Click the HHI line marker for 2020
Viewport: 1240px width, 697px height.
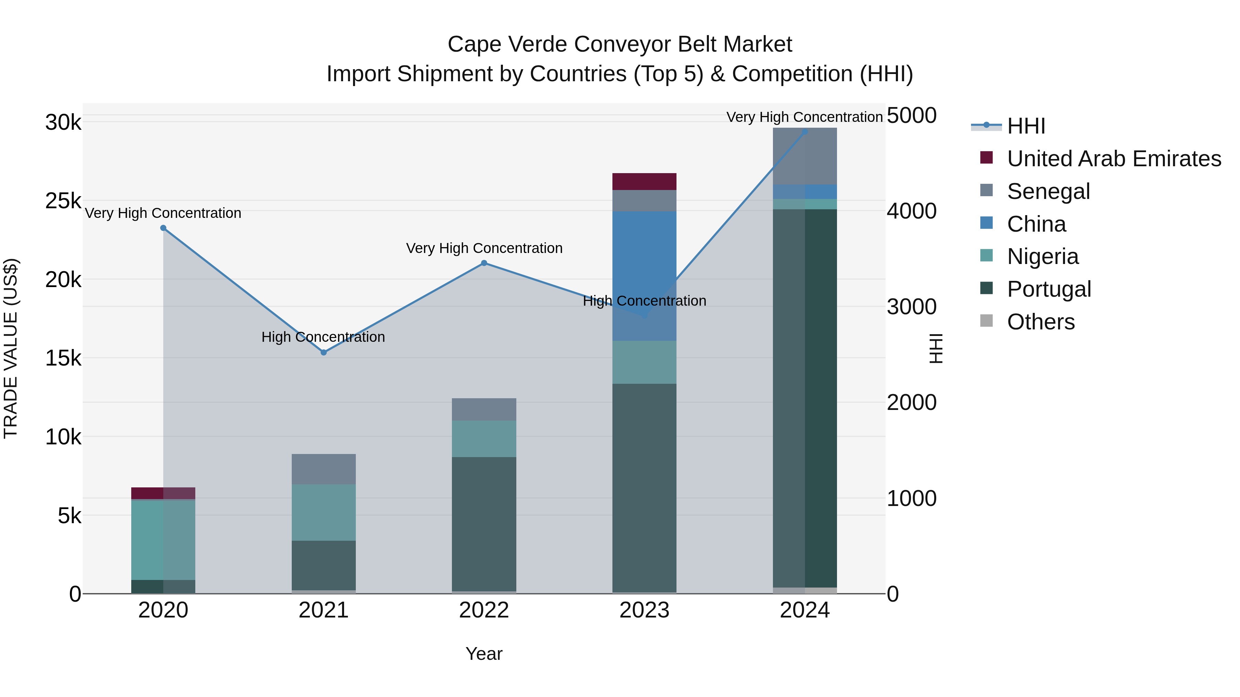click(x=163, y=228)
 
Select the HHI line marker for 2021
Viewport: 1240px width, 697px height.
click(x=323, y=352)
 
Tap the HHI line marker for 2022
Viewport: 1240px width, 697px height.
click(x=484, y=263)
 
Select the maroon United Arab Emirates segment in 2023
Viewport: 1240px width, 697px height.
click(x=644, y=181)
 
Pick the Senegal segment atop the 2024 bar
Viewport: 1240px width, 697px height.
click(x=805, y=156)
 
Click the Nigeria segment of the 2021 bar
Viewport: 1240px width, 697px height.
click(x=323, y=512)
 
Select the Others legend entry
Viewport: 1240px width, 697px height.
click(x=1040, y=322)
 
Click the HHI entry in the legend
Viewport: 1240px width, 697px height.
click(x=1026, y=126)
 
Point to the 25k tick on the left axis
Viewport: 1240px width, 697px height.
click(x=63, y=201)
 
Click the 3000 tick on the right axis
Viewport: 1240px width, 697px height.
click(x=911, y=307)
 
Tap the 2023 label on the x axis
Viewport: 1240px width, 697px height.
click(x=644, y=610)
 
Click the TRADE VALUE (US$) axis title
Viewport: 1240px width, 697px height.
click(x=11, y=348)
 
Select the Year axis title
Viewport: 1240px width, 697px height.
click(x=484, y=654)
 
